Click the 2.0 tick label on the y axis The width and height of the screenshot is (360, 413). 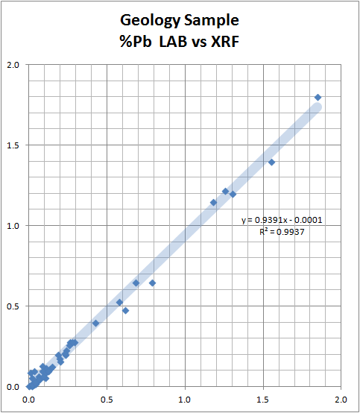pyautogui.click(x=13, y=64)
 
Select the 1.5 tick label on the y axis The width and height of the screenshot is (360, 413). pyautogui.click(x=13, y=145)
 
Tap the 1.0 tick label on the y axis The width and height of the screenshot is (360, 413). pyautogui.click(x=13, y=225)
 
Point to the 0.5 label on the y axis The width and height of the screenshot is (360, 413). pyautogui.click(x=13, y=306)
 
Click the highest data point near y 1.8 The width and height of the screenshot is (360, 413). pyautogui.click(x=318, y=97)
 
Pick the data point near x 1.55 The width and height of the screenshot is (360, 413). pyautogui.click(x=271, y=162)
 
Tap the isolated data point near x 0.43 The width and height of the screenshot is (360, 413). pyautogui.click(x=95, y=323)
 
